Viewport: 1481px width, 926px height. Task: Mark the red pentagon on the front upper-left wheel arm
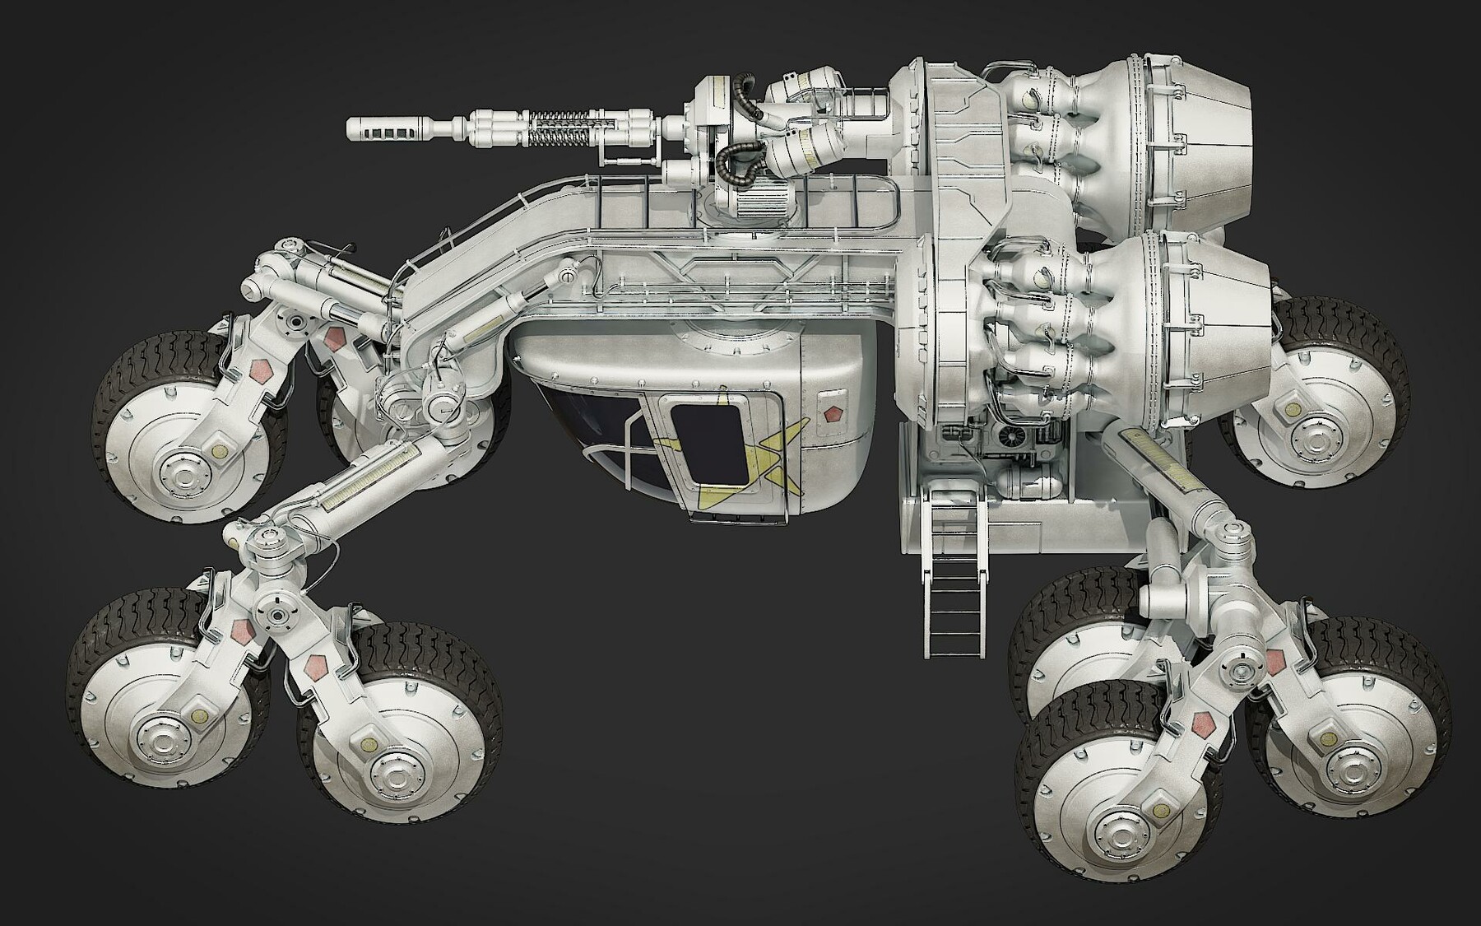coord(334,338)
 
